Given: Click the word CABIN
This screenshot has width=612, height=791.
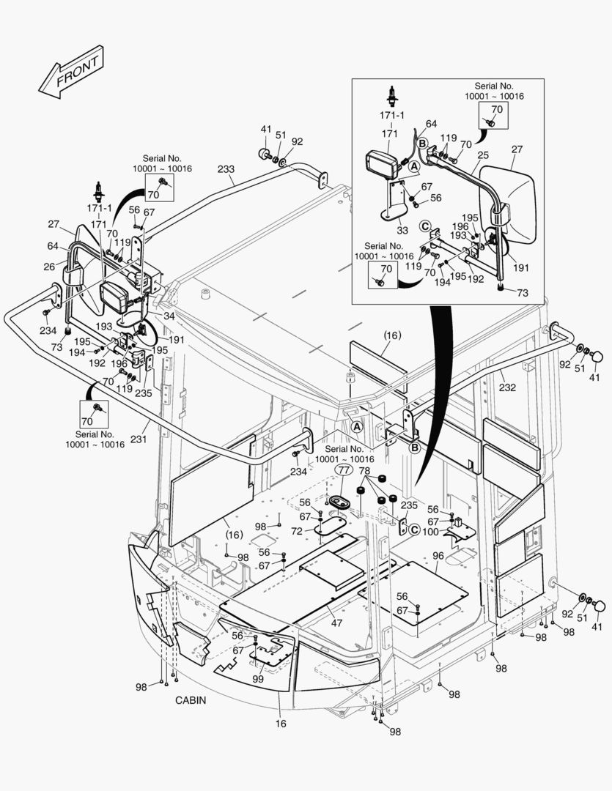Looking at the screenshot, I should pyautogui.click(x=191, y=700).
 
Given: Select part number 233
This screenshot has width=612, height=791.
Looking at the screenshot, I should pyautogui.click(x=226, y=169).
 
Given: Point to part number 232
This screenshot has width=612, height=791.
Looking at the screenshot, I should pyautogui.click(x=507, y=387).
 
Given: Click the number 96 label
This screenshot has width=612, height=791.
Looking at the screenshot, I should pyautogui.click(x=438, y=555).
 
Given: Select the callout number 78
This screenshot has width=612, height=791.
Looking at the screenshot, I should pyautogui.click(x=364, y=470).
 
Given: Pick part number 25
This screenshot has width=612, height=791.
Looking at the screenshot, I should pyautogui.click(x=482, y=155).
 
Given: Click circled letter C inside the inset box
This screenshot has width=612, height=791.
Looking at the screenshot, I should pyautogui.click(x=424, y=226).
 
